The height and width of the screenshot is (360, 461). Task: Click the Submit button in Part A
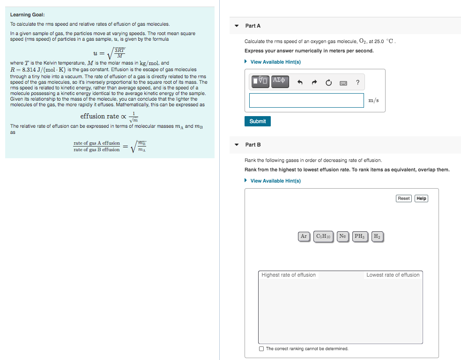[257, 121]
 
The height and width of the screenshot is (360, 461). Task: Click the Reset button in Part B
[403, 198]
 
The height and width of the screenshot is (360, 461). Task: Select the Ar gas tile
[304, 236]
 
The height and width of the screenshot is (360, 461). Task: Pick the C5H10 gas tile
[323, 236]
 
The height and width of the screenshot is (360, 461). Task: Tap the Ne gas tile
[342, 236]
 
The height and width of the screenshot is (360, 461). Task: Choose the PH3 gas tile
[359, 236]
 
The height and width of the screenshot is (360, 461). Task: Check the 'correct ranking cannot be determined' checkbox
[261, 349]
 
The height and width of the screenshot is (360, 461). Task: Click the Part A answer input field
[306, 100]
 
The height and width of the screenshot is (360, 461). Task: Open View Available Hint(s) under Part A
[275, 62]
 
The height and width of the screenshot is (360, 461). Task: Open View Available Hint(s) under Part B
[275, 181]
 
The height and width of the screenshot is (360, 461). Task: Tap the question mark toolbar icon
[357, 83]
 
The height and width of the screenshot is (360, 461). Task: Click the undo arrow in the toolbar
[300, 83]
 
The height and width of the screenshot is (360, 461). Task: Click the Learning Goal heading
[27, 15]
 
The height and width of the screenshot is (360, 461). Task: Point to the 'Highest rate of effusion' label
[289, 275]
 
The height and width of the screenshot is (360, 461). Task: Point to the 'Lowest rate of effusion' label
[393, 275]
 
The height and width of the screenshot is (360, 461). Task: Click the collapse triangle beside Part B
[237, 145]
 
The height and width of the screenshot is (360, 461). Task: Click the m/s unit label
[373, 100]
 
